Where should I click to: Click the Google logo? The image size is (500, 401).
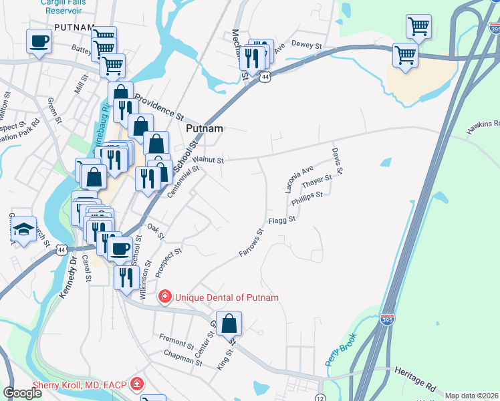22,392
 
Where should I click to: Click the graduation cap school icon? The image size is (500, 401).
24,229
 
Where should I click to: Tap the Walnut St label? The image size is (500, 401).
208,160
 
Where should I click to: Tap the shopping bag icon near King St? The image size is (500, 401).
229,323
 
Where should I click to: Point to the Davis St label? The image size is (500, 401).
337,161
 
